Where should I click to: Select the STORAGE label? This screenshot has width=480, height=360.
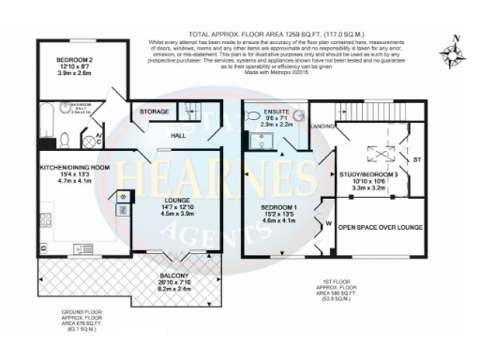click(155, 112)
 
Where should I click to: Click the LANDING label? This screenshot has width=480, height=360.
click(323, 125)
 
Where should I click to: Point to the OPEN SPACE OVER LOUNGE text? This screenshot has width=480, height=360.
click(379, 228)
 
